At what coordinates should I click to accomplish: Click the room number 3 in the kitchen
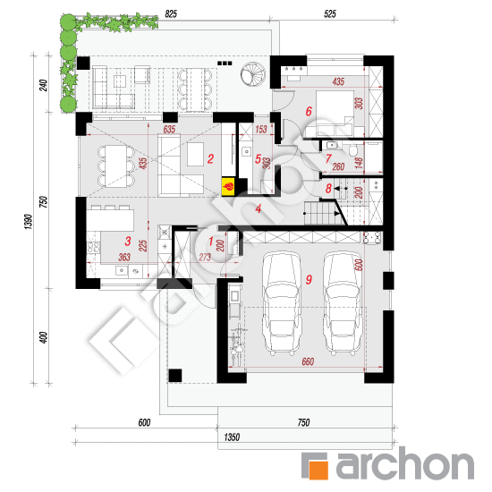(x=128, y=241)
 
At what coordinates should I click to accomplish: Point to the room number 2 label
(x=209, y=160)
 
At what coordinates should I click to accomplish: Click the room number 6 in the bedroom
(x=308, y=112)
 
